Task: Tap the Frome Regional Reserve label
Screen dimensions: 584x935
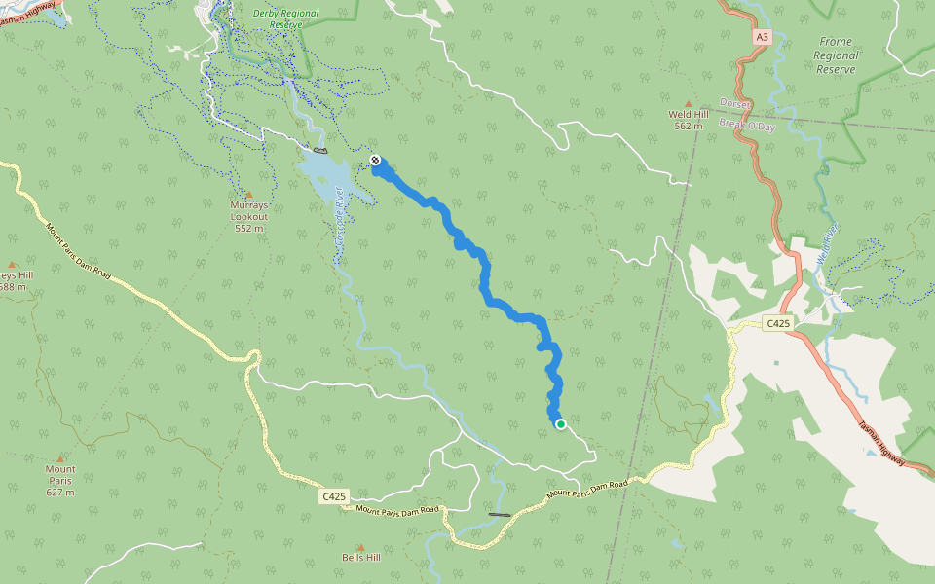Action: [836, 55]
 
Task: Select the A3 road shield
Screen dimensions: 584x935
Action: [762, 37]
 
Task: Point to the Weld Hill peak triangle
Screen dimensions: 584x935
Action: [689, 102]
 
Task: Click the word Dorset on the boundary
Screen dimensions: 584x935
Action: [735, 103]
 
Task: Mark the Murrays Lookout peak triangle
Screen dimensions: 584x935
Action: [248, 195]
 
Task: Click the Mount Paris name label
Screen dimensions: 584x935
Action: [60, 475]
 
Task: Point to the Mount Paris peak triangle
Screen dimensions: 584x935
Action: [60, 457]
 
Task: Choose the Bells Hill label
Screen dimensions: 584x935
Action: [360, 559]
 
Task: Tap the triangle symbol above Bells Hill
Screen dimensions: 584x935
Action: [360, 547]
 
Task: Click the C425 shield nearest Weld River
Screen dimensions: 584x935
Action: [778, 323]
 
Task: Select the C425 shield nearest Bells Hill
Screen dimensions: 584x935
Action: [334, 496]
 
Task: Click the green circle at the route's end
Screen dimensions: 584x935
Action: [561, 424]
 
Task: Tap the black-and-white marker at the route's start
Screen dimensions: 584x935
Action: [375, 160]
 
